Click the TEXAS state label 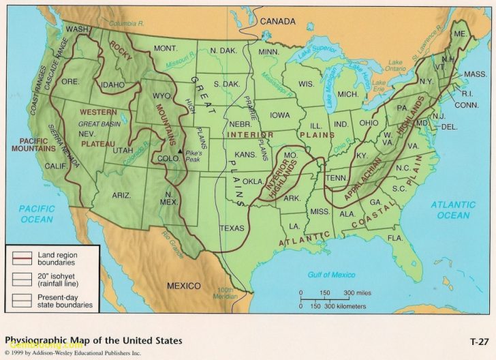pyautogui.click(x=231, y=228)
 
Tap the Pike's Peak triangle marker pyautogui.click(x=180, y=151)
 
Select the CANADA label pyautogui.click(x=279, y=21)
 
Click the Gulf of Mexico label pyautogui.click(x=332, y=274)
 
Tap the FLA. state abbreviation pyautogui.click(x=395, y=237)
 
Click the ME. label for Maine pyautogui.click(x=460, y=33)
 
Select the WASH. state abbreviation pyautogui.click(x=77, y=29)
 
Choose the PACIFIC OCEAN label pyautogui.click(x=35, y=213)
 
